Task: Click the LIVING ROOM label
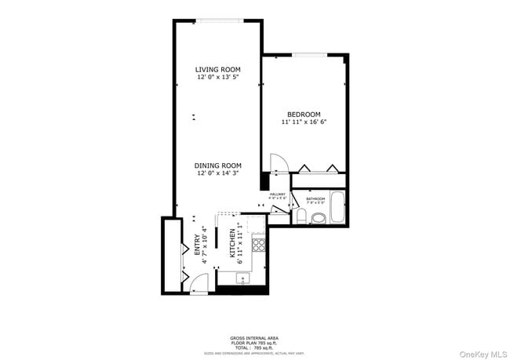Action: (217, 70)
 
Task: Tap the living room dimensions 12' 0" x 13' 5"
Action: (217, 78)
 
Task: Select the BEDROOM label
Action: (303, 115)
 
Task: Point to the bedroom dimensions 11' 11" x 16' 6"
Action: (303, 122)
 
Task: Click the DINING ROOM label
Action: (217, 165)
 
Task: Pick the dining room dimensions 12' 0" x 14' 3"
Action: (217, 173)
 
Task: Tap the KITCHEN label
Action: (232, 244)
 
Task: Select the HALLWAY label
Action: (278, 195)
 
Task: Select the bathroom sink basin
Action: (318, 217)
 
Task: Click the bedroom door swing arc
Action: (278, 162)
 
